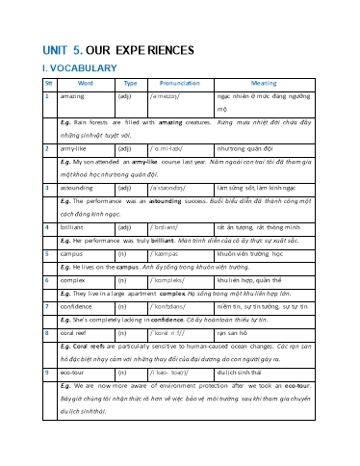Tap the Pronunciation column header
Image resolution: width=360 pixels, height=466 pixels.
[181, 84]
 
